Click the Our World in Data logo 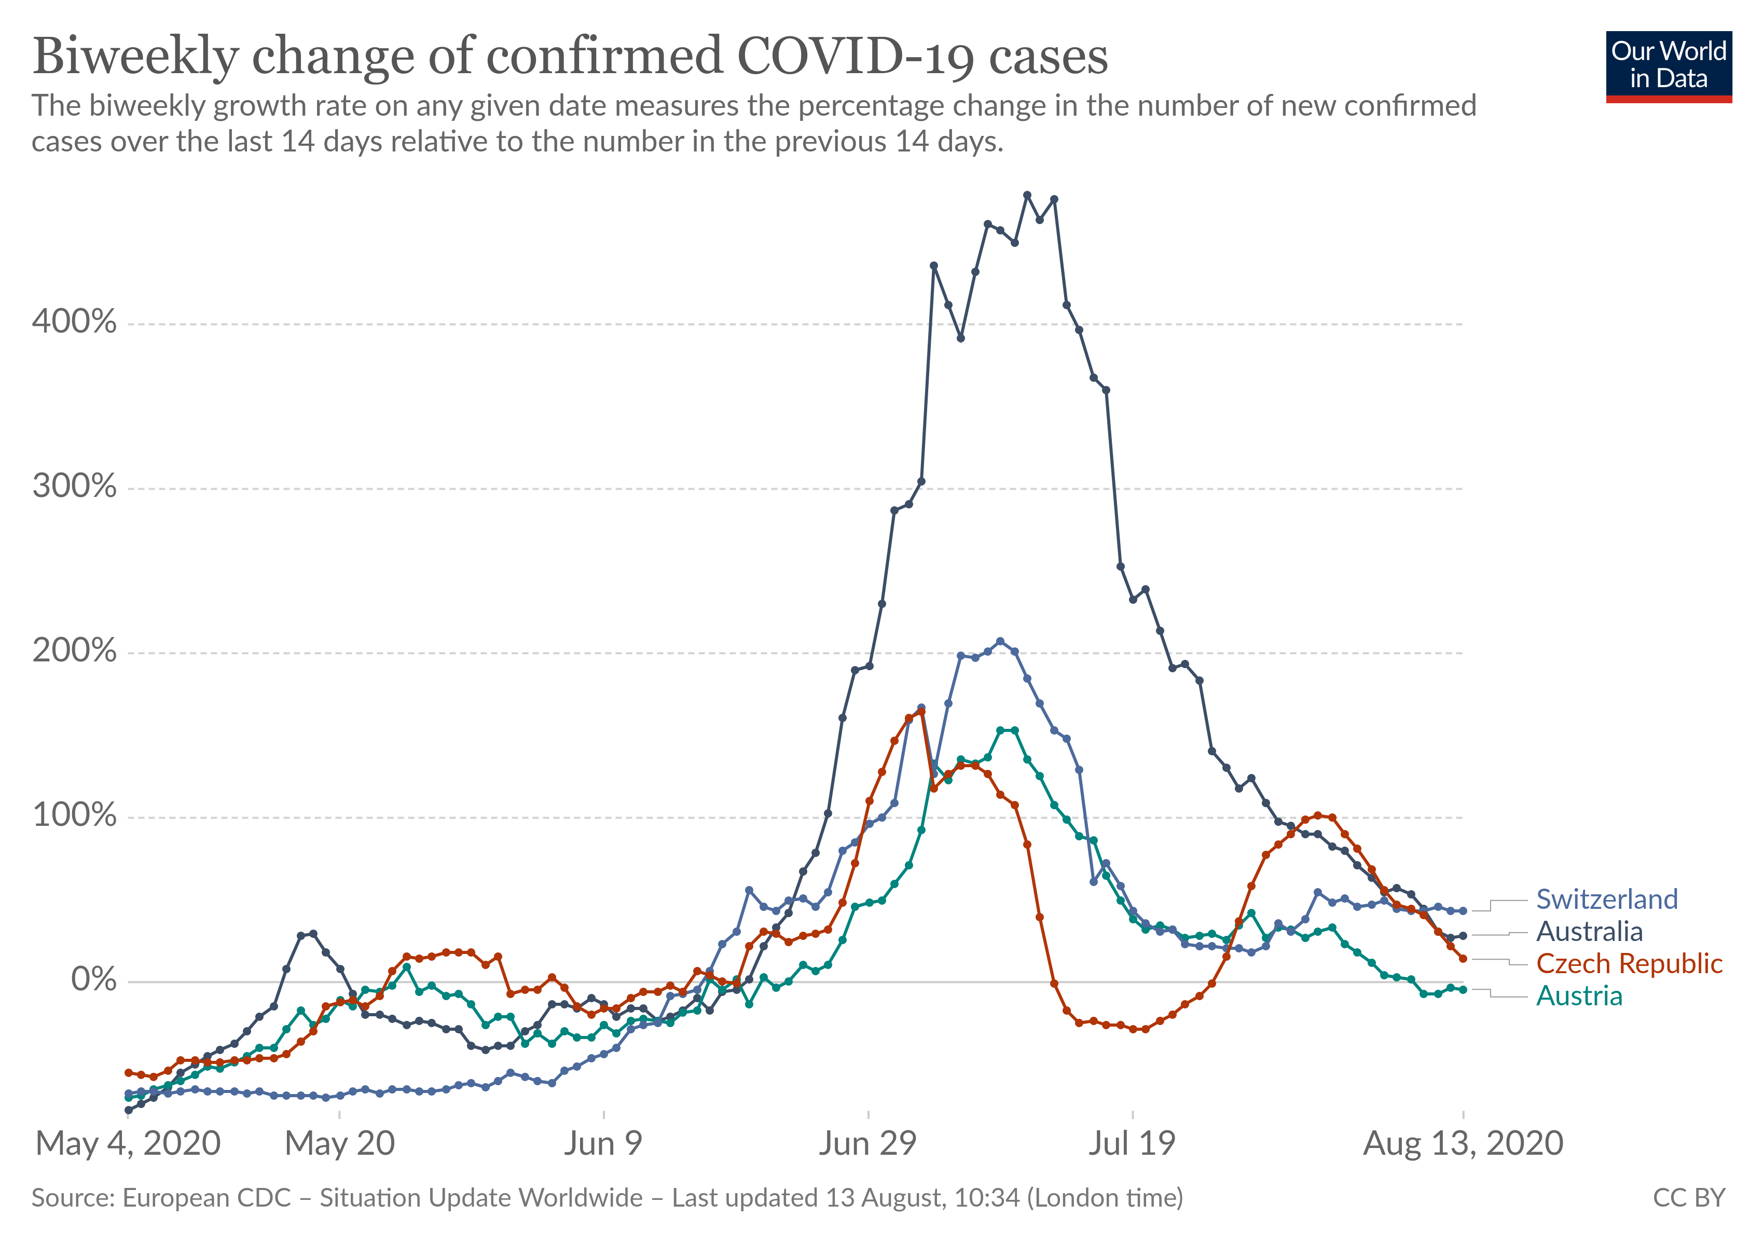(1668, 66)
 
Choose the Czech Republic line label (1629, 963)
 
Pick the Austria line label (1579, 995)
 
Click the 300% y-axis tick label (75, 486)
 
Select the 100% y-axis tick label (75, 815)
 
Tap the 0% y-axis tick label (94, 979)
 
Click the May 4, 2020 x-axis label (128, 1144)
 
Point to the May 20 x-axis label (340, 1144)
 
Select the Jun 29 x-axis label (867, 1144)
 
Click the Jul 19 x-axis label (1132, 1144)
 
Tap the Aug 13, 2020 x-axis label (1463, 1144)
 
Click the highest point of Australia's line (1027, 195)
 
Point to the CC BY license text (1689, 1197)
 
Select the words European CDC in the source (206, 1197)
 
